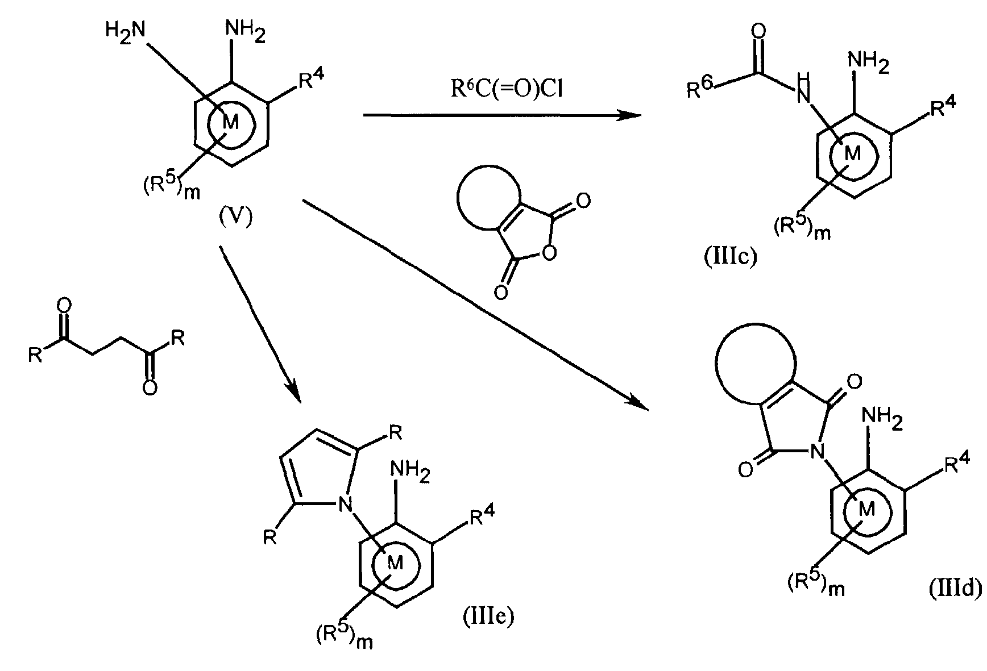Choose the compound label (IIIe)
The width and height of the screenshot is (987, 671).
point(487,616)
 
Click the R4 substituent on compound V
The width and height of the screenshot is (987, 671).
point(312,80)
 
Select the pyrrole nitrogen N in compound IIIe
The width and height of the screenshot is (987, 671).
point(343,503)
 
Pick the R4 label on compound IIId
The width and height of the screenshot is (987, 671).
point(957,465)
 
